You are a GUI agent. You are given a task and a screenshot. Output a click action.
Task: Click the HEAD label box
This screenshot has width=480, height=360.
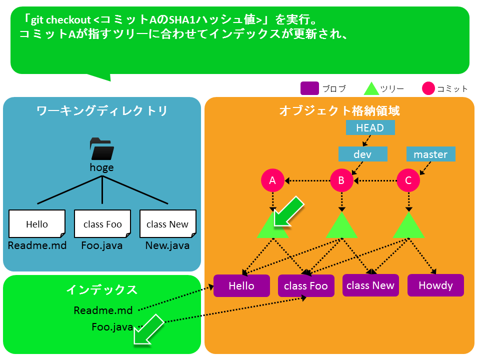click(370, 127)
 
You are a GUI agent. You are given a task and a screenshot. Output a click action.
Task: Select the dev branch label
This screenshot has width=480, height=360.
click(363, 154)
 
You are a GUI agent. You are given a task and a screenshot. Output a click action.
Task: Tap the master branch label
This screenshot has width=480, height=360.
click(430, 154)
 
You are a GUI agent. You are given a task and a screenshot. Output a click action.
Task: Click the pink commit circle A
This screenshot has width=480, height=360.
click(272, 180)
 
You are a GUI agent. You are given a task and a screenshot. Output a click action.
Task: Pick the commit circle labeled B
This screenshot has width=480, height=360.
click(341, 180)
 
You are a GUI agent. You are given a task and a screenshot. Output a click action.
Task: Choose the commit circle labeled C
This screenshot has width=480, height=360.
click(408, 180)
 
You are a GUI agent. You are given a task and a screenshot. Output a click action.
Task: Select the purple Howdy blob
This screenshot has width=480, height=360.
click(435, 285)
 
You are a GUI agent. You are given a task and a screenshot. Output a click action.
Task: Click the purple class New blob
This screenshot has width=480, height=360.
click(370, 285)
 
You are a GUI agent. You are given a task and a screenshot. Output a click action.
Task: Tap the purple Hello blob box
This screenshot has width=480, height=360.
click(241, 285)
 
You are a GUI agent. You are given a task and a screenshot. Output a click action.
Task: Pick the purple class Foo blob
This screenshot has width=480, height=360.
click(306, 285)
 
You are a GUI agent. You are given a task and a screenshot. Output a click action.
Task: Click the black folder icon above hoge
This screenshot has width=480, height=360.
click(102, 149)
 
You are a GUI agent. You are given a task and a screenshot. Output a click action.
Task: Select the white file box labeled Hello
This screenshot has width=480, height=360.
click(37, 224)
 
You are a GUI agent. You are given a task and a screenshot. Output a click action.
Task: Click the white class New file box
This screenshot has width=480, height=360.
click(168, 224)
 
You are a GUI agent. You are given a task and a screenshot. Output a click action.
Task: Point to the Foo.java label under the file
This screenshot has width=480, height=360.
click(102, 245)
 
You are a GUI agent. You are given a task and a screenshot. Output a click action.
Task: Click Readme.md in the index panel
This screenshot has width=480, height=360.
click(103, 310)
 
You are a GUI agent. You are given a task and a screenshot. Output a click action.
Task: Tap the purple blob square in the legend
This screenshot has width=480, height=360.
click(310, 88)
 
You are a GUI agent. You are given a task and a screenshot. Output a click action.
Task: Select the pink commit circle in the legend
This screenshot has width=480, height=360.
click(428, 88)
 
